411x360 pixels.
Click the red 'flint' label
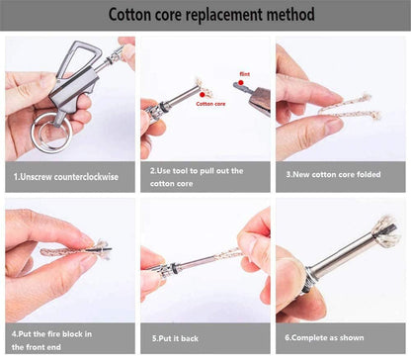[x=245, y=72]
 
